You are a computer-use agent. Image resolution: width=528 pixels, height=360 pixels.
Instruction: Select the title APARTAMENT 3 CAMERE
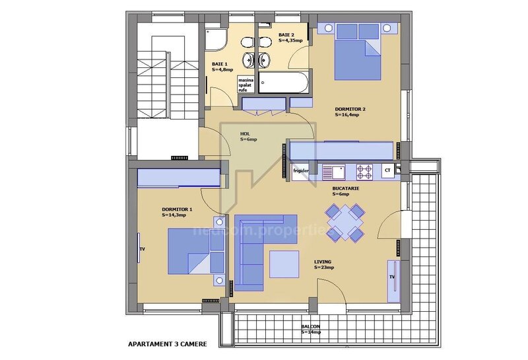coord(167,344)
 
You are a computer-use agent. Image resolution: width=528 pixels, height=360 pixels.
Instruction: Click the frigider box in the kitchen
coord(301,171)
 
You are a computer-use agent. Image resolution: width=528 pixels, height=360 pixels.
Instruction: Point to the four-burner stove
coord(364,172)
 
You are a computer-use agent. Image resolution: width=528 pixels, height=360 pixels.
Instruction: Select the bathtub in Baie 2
coord(283,83)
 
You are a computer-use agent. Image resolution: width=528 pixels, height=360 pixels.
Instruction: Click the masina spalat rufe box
coord(247,85)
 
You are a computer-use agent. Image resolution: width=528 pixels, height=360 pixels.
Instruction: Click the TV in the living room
coord(391,277)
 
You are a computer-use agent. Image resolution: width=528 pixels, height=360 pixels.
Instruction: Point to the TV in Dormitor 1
coord(141,249)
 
